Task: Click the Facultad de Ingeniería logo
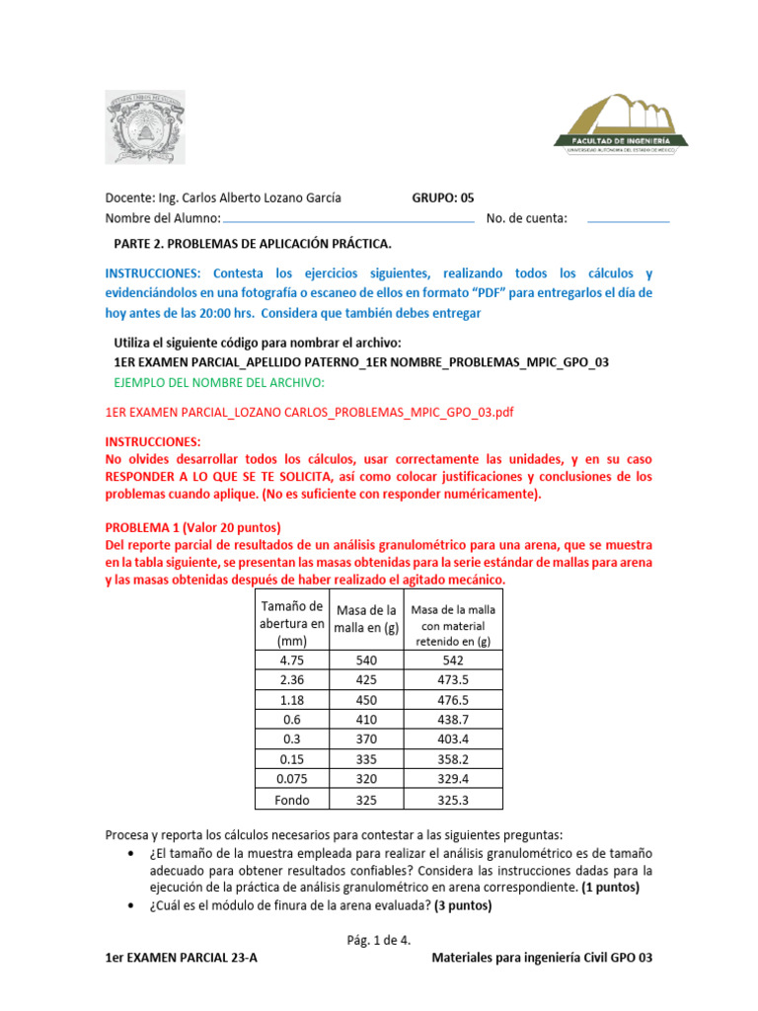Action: [621, 124]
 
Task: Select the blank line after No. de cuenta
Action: [628, 219]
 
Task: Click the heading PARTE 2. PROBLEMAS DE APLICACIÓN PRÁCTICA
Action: [253, 243]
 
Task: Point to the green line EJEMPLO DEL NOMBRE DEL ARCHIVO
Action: [219, 382]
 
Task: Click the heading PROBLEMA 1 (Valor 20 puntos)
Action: [193, 527]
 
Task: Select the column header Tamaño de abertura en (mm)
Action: [290, 623]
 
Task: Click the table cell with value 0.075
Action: [290, 778]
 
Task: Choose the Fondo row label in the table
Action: [290, 800]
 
